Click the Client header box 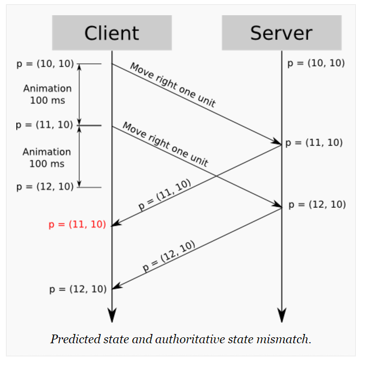112,33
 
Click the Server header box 281,33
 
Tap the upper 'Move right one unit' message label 172,85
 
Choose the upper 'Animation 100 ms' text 47,94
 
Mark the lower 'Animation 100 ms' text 47,158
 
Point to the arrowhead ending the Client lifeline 112,315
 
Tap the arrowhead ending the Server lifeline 281,315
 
